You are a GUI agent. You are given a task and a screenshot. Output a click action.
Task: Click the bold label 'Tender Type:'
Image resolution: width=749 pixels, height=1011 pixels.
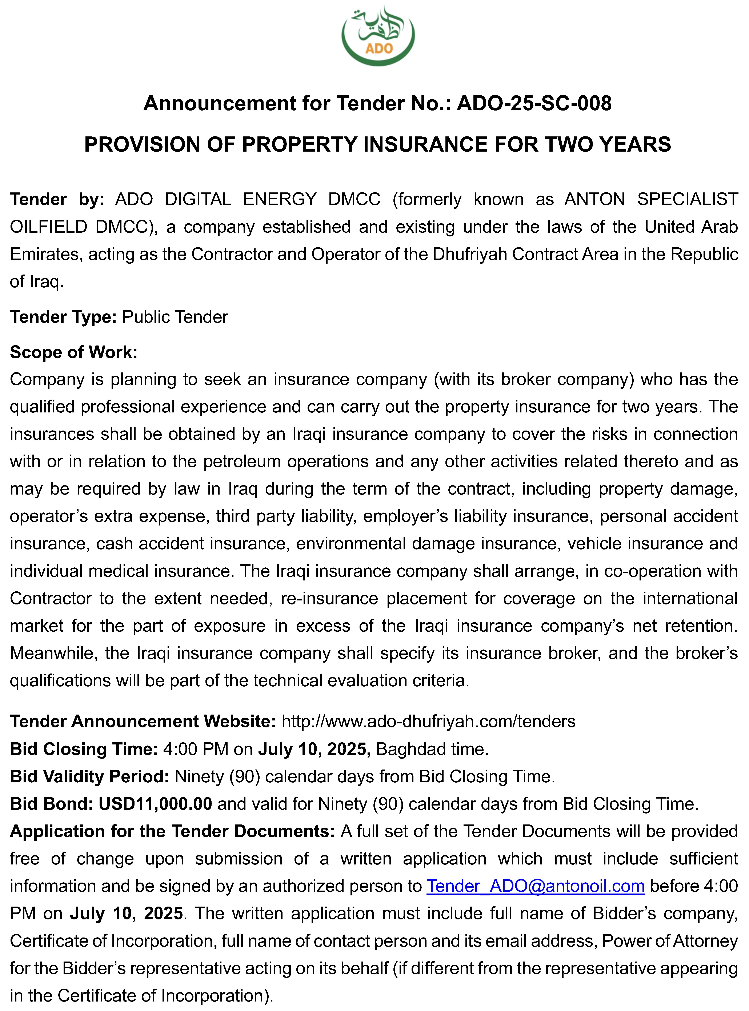(x=64, y=317)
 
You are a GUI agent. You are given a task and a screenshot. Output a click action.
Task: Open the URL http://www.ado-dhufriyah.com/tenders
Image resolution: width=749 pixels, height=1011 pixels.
(x=428, y=721)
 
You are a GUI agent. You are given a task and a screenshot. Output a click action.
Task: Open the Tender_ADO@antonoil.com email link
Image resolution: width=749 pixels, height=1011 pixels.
(x=536, y=886)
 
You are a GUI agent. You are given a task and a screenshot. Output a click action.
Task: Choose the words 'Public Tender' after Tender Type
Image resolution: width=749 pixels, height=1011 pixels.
(x=175, y=317)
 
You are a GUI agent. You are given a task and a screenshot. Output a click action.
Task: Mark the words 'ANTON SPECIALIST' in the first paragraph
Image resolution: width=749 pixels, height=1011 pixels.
(x=651, y=199)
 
